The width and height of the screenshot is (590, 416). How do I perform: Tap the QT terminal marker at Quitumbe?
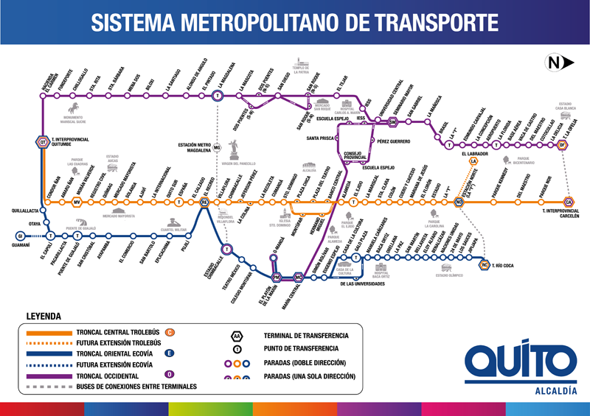click(42, 143)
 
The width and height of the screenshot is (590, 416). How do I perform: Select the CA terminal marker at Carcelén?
click(568, 202)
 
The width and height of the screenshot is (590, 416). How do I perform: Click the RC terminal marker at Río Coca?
click(485, 264)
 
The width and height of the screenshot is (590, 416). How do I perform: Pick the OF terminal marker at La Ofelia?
click(562, 145)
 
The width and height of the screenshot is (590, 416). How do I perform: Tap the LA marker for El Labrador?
click(473, 161)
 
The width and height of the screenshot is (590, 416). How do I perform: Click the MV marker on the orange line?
click(76, 202)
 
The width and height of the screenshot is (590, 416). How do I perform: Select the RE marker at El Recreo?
click(205, 202)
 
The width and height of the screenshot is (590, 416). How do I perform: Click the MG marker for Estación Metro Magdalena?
click(218, 148)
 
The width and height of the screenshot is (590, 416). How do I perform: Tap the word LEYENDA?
click(44, 317)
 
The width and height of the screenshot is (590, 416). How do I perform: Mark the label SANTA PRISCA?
click(322, 138)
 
